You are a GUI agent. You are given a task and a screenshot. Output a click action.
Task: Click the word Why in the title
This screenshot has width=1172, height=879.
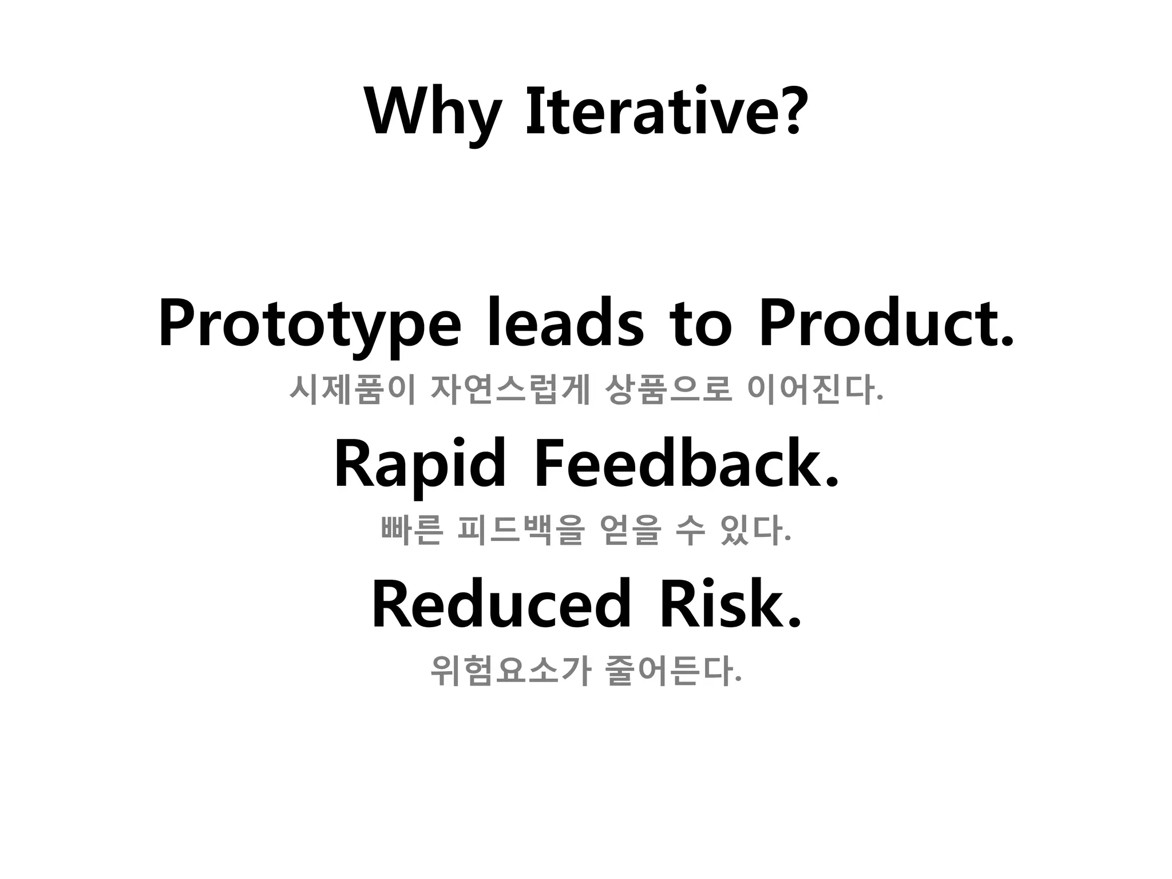coord(433,112)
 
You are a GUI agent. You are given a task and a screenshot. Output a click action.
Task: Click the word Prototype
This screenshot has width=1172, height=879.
coord(309,324)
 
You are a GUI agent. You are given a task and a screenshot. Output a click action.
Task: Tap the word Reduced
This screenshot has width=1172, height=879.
coord(501,604)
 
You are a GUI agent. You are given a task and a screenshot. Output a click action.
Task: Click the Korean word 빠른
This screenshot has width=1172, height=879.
coord(411,530)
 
